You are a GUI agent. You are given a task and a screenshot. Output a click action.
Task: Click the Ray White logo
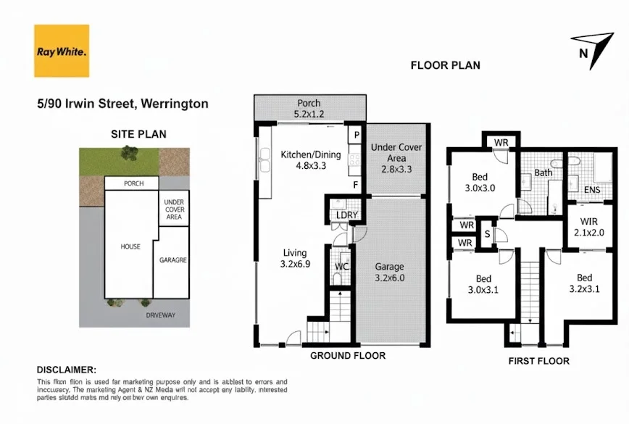pos(62,51)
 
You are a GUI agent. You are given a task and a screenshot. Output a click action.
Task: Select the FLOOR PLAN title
pos(445,65)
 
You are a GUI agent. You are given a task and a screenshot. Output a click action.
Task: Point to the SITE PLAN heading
pos(138,133)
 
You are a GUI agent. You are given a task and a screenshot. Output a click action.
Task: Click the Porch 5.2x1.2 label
pos(308,109)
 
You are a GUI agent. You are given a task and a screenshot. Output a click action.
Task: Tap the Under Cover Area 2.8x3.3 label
pos(396,159)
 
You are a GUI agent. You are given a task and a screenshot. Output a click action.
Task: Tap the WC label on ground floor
pos(342,267)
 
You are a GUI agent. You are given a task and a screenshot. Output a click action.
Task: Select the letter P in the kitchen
pos(357,135)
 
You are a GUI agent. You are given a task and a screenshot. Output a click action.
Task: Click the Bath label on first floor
pos(543,172)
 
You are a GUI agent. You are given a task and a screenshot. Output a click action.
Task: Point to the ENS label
pos(592,191)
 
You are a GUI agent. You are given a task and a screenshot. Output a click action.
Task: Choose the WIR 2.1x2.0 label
pos(588,227)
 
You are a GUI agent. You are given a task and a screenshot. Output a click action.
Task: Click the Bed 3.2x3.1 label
pos(584,283)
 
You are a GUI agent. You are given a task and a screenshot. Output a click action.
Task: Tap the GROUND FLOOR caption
pos(348,356)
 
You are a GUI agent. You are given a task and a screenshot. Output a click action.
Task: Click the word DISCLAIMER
pos(65,370)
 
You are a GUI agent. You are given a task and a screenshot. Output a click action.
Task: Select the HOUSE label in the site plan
pos(130,246)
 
